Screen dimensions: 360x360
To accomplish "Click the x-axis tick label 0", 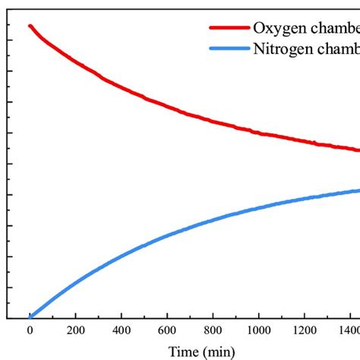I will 30,331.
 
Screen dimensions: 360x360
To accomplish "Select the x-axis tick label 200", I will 75,331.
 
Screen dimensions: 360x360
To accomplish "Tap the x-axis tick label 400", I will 122,331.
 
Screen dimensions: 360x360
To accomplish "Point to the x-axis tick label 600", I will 167,331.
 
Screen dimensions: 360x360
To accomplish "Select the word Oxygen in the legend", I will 276,28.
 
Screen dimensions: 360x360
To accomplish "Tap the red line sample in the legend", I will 229,27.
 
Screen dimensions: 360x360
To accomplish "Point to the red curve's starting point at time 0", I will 30,26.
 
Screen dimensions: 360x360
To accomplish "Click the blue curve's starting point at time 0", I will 30,317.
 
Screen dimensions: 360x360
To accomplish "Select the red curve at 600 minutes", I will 167,105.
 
